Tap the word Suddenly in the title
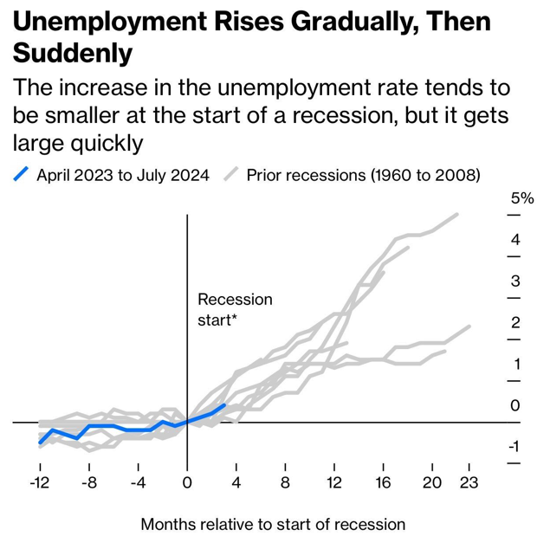click(x=73, y=54)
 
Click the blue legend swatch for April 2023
click(x=23, y=175)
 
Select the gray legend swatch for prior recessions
click(x=232, y=175)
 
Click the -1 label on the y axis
click(x=514, y=447)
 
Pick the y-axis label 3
click(x=514, y=281)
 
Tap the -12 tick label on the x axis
click(x=39, y=482)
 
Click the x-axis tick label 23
click(x=469, y=482)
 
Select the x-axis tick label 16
click(x=384, y=482)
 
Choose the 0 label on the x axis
click(x=187, y=482)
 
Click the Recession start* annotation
click(x=234, y=309)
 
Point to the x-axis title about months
click(x=273, y=524)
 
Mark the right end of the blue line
click(x=224, y=405)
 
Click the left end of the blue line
click(x=40, y=443)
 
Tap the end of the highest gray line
click(x=456, y=214)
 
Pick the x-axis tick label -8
click(x=88, y=482)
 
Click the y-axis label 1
click(x=514, y=364)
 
